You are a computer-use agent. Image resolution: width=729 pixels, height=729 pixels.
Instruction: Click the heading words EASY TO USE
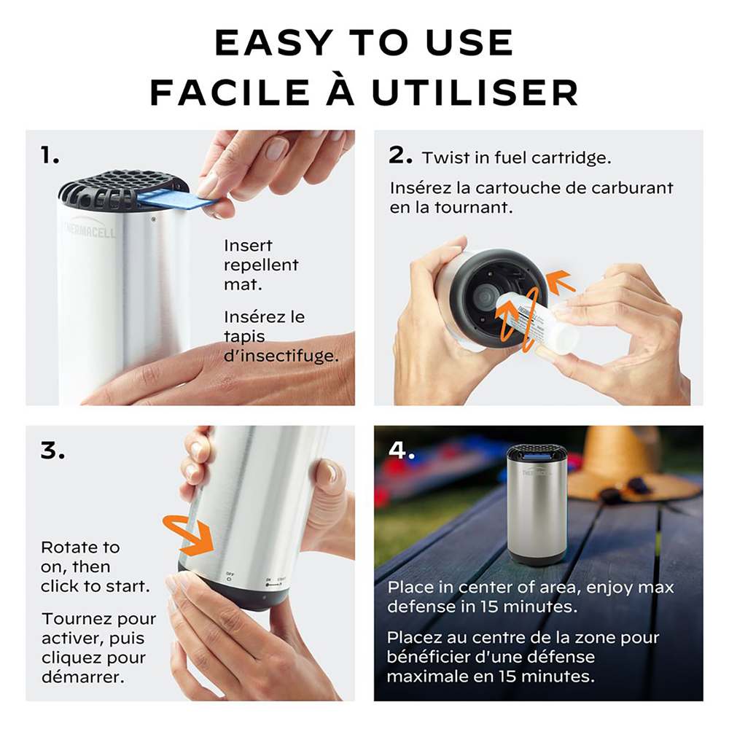pyautogui.click(x=364, y=43)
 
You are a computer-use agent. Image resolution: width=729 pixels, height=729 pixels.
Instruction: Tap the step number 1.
pyautogui.click(x=50, y=155)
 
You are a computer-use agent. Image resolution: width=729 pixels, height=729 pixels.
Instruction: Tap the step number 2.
pyautogui.click(x=401, y=155)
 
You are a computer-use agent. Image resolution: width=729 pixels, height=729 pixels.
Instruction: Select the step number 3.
pyautogui.click(x=52, y=451)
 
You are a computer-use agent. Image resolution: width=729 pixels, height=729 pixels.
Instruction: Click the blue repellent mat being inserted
pyautogui.click(x=175, y=198)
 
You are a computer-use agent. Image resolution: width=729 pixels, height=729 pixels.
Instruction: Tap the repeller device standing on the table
pyautogui.click(x=537, y=504)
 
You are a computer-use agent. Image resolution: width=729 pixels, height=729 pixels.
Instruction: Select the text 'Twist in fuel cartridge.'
pyautogui.click(x=516, y=157)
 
